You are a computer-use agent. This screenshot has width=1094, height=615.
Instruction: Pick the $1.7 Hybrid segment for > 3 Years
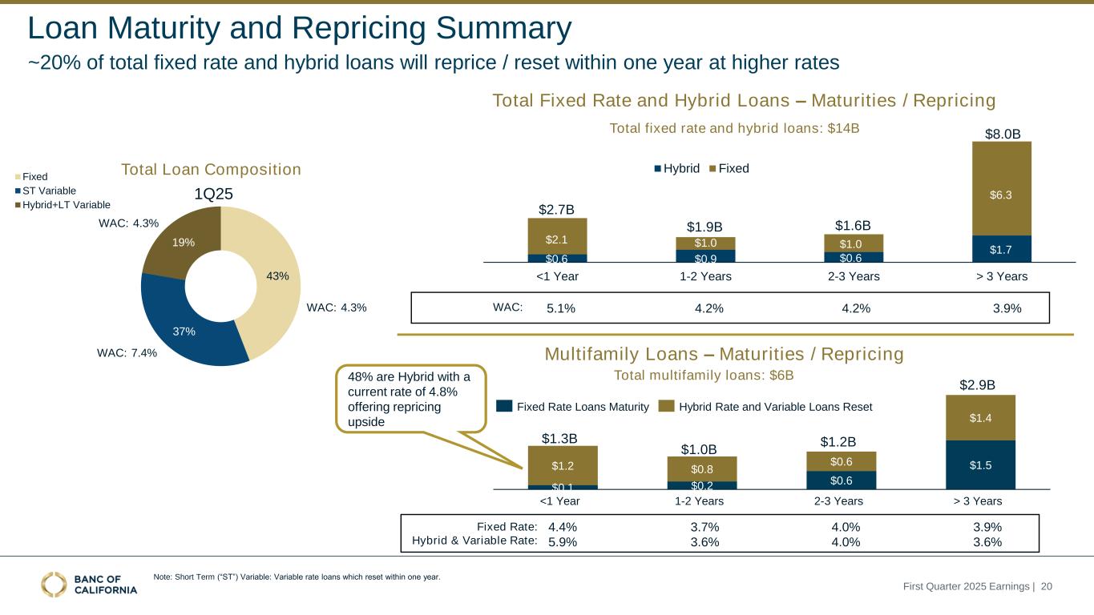[1001, 248]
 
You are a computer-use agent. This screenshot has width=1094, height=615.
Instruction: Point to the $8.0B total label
[1002, 133]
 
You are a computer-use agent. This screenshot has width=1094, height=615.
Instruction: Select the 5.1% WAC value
[561, 308]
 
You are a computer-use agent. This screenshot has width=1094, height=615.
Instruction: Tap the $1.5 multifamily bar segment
[980, 464]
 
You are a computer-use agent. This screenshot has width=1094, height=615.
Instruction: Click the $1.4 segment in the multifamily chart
[980, 417]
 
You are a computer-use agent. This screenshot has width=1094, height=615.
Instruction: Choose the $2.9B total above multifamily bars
[978, 385]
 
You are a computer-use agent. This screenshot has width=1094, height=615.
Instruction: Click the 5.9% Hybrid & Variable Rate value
[563, 541]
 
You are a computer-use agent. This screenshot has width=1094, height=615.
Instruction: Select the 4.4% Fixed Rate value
[563, 527]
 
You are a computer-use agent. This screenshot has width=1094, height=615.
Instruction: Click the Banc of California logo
[89, 585]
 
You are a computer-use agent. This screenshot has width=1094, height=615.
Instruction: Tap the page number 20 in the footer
[1047, 587]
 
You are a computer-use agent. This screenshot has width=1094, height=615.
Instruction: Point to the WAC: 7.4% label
[127, 352]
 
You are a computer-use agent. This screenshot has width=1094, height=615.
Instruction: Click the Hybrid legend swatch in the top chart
[658, 169]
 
